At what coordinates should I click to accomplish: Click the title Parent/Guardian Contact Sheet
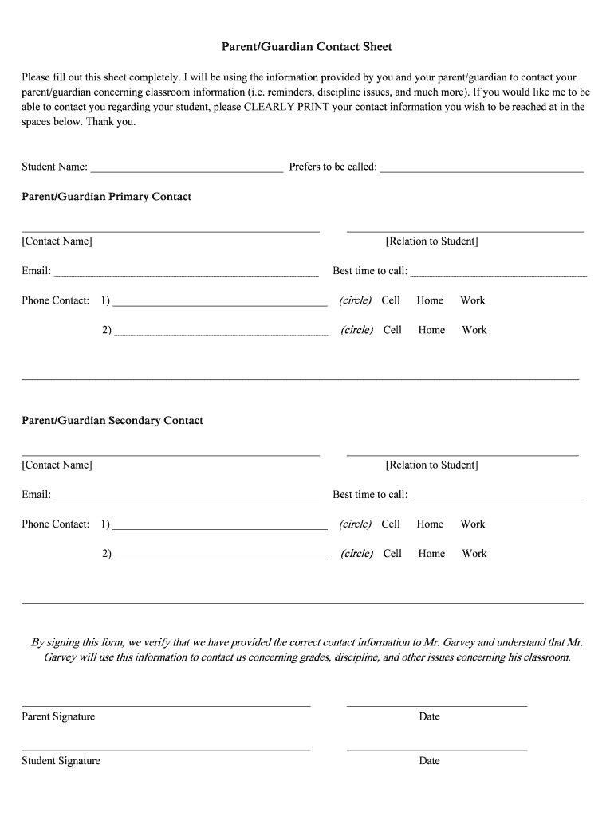click(x=307, y=47)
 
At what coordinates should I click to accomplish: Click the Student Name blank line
click(x=187, y=168)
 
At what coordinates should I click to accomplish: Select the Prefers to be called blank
click(x=482, y=168)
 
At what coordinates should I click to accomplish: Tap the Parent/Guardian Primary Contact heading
click(x=106, y=197)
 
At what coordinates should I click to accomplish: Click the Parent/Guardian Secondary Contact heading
click(x=112, y=421)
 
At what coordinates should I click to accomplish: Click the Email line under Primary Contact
click(x=186, y=272)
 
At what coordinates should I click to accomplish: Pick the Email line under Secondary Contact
click(x=186, y=496)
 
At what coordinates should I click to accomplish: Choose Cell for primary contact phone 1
click(x=391, y=300)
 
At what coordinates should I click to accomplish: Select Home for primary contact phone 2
click(x=431, y=330)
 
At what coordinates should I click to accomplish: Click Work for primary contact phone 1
click(x=472, y=300)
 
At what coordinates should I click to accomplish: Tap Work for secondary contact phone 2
click(x=474, y=554)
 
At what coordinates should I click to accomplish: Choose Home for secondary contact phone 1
click(x=430, y=524)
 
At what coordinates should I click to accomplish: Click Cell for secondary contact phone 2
click(x=392, y=554)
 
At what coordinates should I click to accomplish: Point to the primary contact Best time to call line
click(x=498, y=272)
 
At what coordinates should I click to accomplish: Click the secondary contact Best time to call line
click(x=496, y=496)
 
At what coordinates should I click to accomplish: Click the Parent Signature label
click(x=58, y=717)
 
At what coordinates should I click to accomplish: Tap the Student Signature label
click(x=61, y=761)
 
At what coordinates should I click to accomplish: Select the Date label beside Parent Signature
click(x=429, y=717)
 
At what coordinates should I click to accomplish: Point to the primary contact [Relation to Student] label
click(x=431, y=241)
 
